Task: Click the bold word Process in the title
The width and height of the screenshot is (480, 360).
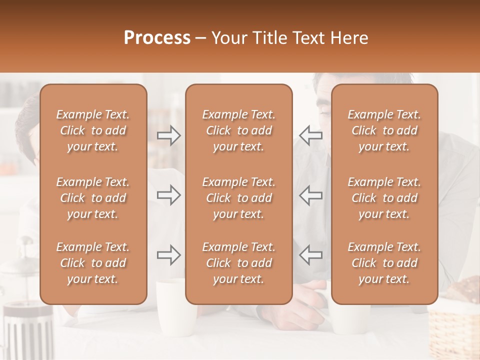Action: point(157,38)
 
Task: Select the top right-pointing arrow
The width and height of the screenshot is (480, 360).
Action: point(169,135)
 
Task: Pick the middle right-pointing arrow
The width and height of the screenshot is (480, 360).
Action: point(169,195)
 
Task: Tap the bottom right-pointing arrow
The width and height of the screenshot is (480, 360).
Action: point(169,255)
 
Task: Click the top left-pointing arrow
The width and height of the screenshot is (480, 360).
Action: point(310,135)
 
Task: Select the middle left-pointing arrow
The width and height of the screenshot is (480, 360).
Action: point(310,195)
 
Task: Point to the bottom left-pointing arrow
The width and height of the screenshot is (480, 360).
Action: point(310,255)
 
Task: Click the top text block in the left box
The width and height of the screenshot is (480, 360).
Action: point(93,130)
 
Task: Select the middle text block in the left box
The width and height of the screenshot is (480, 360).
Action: point(93,198)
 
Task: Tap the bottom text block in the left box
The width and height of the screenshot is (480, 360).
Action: point(93,263)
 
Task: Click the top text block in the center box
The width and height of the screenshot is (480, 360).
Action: point(238,130)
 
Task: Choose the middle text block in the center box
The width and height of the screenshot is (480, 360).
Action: point(238,198)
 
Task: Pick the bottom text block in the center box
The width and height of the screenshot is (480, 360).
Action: point(238,263)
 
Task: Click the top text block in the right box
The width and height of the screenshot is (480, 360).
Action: point(384,130)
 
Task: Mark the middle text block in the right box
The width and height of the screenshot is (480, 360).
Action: point(384,198)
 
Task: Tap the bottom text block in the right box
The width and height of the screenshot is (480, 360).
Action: point(384,263)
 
